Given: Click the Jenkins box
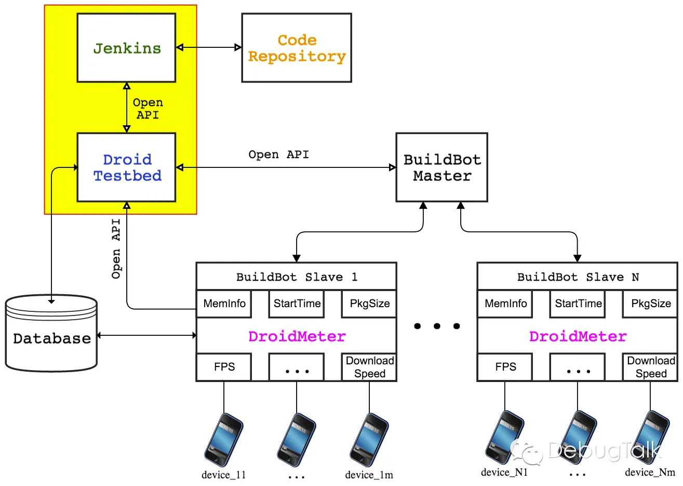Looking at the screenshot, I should (x=126, y=48).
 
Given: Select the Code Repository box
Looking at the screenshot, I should (x=297, y=48).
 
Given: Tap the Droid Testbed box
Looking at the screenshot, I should (x=126, y=167).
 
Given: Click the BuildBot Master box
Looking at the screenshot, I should (x=441, y=167).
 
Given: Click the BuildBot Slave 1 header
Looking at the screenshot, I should (x=297, y=277).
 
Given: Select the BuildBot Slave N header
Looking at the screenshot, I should (x=577, y=277).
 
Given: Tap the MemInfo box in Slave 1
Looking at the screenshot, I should (x=224, y=304).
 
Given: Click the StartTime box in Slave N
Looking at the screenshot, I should (x=578, y=304).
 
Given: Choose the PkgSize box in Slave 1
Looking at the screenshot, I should (x=369, y=304).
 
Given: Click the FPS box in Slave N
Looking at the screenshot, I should (x=505, y=367).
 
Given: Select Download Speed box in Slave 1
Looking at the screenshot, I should (x=369, y=367).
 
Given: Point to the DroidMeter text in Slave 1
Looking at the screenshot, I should (x=297, y=336).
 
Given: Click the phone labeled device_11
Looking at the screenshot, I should (x=224, y=440).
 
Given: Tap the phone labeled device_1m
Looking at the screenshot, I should (x=369, y=440).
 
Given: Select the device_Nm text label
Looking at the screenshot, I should (x=650, y=472).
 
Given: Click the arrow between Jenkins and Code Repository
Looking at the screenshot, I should (x=209, y=47).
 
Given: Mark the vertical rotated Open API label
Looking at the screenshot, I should (x=116, y=248).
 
